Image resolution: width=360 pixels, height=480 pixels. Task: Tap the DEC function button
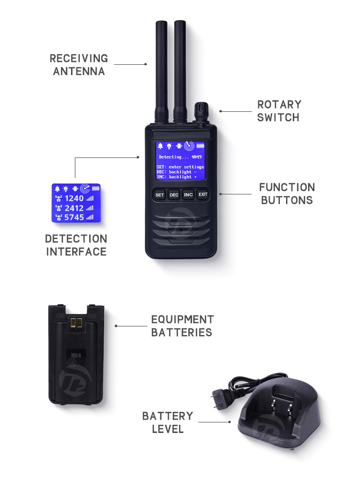click(x=174, y=195)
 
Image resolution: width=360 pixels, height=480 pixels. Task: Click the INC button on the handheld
click(x=188, y=195)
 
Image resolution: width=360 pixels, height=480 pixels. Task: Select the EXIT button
click(x=203, y=195)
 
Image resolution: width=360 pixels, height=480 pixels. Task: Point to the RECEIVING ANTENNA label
click(x=79, y=65)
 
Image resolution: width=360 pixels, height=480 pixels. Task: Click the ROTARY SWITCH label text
click(x=279, y=111)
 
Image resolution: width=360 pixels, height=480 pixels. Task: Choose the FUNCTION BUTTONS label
click(x=287, y=193)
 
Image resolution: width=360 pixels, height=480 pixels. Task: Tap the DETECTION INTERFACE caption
click(x=76, y=245)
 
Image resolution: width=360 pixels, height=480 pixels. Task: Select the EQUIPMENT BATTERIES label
click(x=182, y=326)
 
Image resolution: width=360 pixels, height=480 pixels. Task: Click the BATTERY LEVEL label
click(x=168, y=422)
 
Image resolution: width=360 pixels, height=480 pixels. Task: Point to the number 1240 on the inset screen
click(x=74, y=198)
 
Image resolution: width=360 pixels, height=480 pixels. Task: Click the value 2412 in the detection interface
click(x=74, y=208)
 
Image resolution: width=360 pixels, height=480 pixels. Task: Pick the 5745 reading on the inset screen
click(x=74, y=217)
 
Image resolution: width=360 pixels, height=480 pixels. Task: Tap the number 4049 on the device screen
click(x=196, y=157)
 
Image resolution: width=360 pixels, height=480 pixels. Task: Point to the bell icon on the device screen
click(x=160, y=146)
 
